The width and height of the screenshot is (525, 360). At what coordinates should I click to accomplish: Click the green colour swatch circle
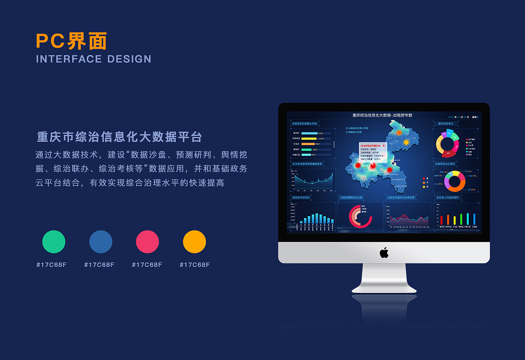click(x=54, y=242)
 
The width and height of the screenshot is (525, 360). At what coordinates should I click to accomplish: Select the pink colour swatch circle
click(x=147, y=242)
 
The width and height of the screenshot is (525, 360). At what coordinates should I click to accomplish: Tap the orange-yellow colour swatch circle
click(x=194, y=242)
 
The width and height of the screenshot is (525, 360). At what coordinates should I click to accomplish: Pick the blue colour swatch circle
click(x=101, y=242)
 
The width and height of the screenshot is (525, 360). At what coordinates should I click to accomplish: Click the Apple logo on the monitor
click(x=384, y=253)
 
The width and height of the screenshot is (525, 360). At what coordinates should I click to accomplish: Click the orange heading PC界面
click(x=72, y=41)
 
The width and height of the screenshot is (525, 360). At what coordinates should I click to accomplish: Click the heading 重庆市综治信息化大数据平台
click(x=119, y=137)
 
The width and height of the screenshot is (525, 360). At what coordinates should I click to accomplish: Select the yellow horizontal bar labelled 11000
click(x=309, y=139)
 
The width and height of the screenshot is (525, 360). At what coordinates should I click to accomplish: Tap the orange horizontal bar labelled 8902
click(x=308, y=144)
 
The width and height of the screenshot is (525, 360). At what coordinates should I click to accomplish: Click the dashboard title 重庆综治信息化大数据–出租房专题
click(x=382, y=116)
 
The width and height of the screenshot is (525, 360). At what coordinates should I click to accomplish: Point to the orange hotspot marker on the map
click(x=399, y=132)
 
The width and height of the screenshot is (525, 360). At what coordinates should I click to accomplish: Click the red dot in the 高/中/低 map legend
click(x=424, y=179)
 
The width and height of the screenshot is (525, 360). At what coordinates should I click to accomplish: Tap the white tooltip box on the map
click(x=373, y=151)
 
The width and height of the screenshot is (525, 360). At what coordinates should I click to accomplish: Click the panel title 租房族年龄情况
click(x=301, y=197)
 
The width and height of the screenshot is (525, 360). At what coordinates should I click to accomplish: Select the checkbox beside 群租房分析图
click(x=347, y=132)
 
